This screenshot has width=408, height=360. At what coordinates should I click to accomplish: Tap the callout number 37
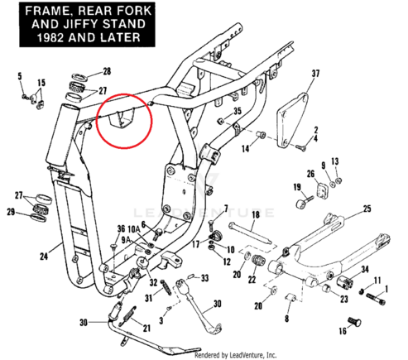tap(315, 74)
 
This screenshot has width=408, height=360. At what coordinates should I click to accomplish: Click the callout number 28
tap(107, 71)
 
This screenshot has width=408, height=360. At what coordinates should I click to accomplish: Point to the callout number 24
tap(44, 257)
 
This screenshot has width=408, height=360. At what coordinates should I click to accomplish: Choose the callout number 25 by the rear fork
tap(367, 209)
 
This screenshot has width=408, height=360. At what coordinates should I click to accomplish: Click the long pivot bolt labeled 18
tap(250, 234)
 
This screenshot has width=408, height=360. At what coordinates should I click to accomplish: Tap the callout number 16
tap(343, 331)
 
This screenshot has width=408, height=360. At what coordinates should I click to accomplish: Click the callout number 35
tap(238, 111)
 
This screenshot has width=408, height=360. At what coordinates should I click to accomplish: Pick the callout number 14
tap(245, 149)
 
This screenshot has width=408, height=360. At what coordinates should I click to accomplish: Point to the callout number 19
tap(297, 187)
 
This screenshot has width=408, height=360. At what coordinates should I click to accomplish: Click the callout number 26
tap(310, 174)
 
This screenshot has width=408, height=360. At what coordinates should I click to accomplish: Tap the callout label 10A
tap(134, 229)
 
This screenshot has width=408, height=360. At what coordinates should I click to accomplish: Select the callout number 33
tap(204, 278)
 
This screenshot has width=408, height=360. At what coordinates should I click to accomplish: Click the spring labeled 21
tap(127, 315)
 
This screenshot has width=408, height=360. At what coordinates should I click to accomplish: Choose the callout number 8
tap(286, 319)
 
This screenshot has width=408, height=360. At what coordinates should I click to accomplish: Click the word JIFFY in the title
tap(80, 24)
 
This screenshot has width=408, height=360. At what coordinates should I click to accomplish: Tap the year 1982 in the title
tap(50, 37)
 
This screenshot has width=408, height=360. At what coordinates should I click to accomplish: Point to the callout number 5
tap(20, 76)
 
